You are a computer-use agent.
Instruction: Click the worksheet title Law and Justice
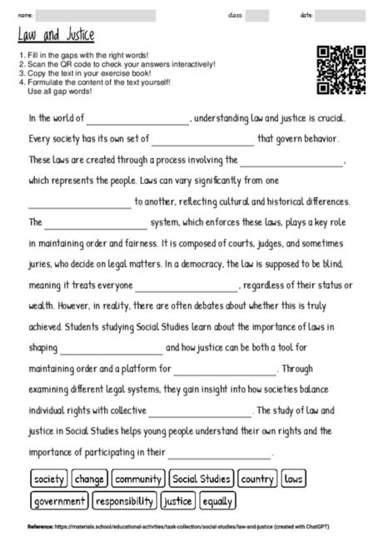(x=56, y=35)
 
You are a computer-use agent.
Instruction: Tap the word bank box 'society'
(x=48, y=479)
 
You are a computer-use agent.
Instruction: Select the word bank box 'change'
(x=89, y=479)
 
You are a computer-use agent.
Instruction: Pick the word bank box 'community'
(x=138, y=479)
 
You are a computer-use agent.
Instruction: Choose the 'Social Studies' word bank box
(x=201, y=479)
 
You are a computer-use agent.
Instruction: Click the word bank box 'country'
(x=257, y=479)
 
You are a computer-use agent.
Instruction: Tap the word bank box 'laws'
(x=294, y=479)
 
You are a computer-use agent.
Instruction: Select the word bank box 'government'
(x=59, y=501)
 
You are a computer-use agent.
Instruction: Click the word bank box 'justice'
(x=177, y=501)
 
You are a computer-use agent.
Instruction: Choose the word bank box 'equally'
(x=218, y=501)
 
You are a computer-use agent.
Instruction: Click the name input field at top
(x=96, y=15)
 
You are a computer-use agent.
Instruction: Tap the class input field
(x=257, y=15)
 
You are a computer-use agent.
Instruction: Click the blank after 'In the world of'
(x=138, y=121)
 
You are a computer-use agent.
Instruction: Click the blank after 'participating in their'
(x=221, y=455)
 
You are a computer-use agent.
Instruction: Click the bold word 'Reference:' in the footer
(x=40, y=527)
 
